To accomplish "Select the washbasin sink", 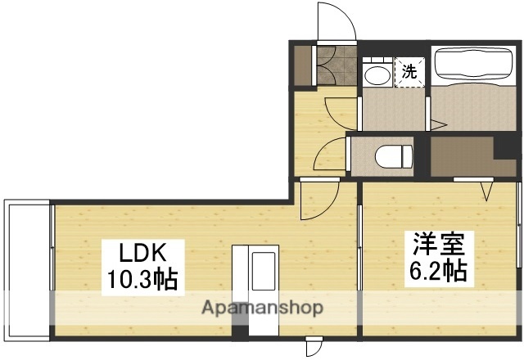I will (x=377, y=76).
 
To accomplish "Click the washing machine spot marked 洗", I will (x=409, y=70).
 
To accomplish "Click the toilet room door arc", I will (x=330, y=155).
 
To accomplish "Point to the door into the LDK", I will (x=317, y=200).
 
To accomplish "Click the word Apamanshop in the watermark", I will (x=262, y=308).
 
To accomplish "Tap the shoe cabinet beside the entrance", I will (x=304, y=66).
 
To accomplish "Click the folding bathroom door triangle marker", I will (x=438, y=125).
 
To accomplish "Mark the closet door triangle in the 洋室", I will (x=486, y=191).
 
